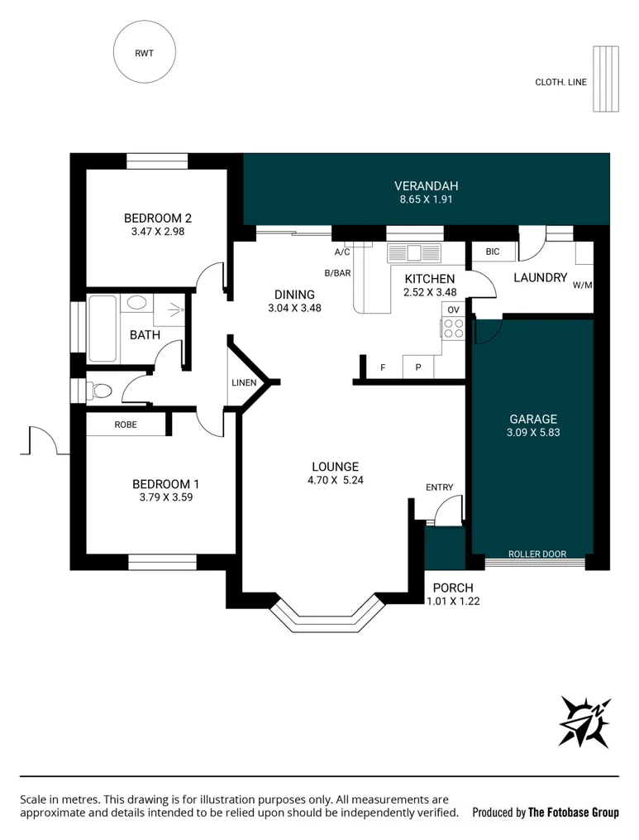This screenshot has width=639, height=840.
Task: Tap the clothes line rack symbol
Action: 606,79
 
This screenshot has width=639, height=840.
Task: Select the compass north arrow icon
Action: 584,722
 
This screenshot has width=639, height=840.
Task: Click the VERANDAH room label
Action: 426,186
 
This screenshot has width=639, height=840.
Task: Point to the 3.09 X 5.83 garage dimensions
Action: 533,432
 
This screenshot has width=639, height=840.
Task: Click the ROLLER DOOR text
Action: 536,554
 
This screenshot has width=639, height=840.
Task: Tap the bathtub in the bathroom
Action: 103,329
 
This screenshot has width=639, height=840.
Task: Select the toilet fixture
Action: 98,390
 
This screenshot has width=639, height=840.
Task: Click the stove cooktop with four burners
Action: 453,329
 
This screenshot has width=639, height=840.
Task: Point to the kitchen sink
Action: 414,253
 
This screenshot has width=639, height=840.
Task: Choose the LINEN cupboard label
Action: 244,382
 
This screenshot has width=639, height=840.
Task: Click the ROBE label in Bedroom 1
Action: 126,425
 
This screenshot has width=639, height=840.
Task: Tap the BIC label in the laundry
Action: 493,252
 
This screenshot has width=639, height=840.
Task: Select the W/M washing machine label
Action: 582,285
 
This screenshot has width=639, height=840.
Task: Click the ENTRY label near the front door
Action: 440,487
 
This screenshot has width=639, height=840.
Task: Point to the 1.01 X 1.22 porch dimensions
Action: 453,601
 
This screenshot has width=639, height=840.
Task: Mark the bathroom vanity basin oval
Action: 136,303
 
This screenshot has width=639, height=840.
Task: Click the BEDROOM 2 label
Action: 158,218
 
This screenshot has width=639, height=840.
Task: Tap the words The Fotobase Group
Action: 573,812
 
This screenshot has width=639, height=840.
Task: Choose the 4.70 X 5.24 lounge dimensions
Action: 335,480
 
